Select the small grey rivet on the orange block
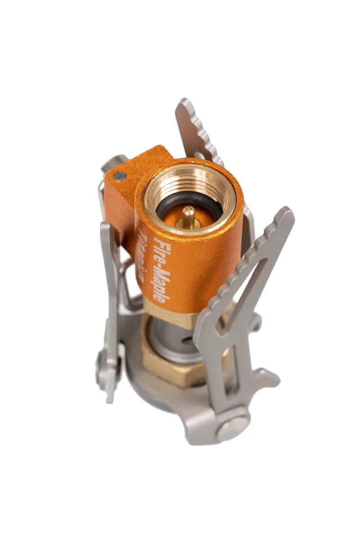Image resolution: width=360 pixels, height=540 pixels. pyautogui.click(x=119, y=176)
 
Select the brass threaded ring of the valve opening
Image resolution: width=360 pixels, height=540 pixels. pyautogui.click(x=189, y=178)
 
